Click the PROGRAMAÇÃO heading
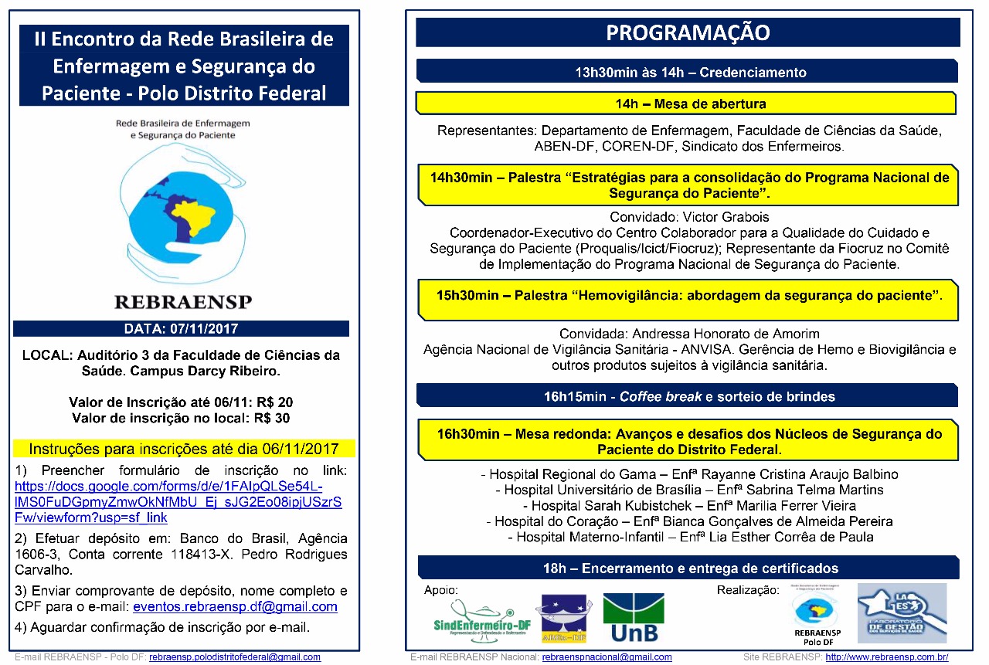pyautogui.click(x=687, y=32)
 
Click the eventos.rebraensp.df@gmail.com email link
pyautogui.click(x=236, y=607)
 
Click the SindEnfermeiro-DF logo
pyautogui.click(x=480, y=623)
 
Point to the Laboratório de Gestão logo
pyautogui.click(x=902, y=614)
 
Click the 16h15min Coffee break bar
pyautogui.click(x=688, y=396)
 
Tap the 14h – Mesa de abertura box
pyautogui.click(x=686, y=103)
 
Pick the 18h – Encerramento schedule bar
pyautogui.click(x=688, y=568)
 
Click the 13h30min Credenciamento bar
pyautogui.click(x=688, y=72)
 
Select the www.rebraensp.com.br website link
pyautogui.click(x=886, y=657)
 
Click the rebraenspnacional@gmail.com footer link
pyautogui.click(x=607, y=657)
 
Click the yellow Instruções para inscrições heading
pyautogui.click(x=184, y=449)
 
